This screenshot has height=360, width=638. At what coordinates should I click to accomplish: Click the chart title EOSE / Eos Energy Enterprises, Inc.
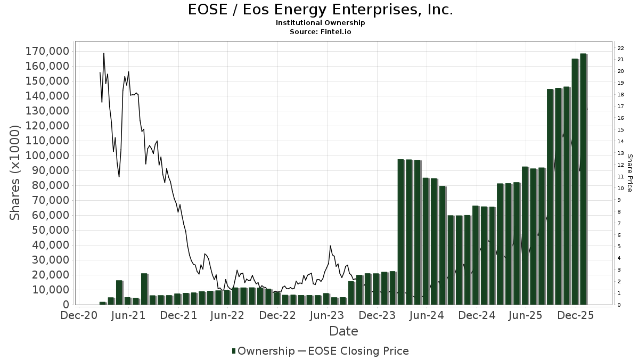coord(320,10)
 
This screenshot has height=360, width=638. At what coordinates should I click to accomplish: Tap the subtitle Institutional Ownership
coord(320,23)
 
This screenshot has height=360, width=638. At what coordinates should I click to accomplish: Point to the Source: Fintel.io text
coord(320,31)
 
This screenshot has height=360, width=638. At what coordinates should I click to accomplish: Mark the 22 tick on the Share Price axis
coord(620,48)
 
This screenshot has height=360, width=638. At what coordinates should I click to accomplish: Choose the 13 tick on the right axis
coord(620,153)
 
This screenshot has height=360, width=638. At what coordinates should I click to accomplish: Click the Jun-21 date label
coord(128,315)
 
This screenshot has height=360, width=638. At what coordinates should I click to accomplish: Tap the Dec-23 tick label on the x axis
coord(377,315)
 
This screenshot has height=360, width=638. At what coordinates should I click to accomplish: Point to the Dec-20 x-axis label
coord(79,315)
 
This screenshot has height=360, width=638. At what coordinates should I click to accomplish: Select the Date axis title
coord(343,331)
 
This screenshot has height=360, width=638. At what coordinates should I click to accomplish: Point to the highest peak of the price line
coord(104,53)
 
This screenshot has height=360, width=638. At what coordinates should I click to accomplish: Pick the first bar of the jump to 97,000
coord(401,232)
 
